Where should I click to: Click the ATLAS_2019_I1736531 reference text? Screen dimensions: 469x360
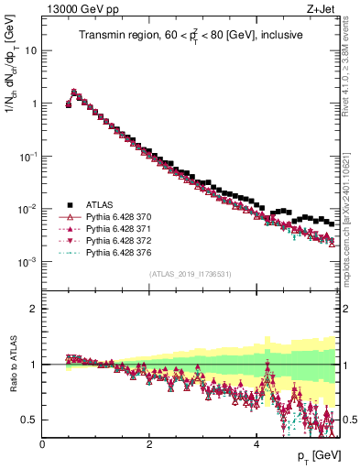click(x=190, y=275)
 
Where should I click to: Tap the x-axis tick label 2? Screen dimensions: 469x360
click(x=149, y=443)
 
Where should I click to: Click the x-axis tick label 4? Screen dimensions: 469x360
click(x=256, y=443)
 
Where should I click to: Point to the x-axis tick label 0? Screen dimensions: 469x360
click(x=43, y=443)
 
